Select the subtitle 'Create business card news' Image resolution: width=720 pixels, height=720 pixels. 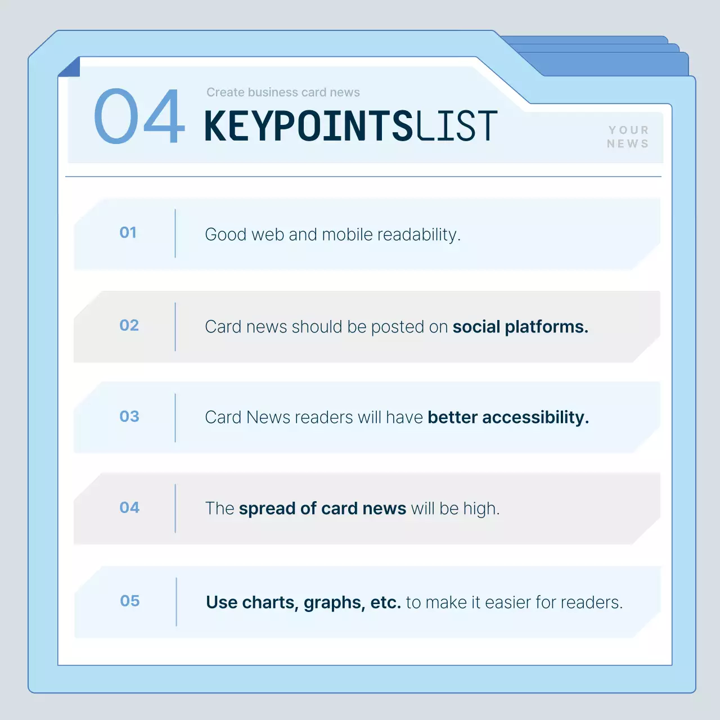click(x=283, y=92)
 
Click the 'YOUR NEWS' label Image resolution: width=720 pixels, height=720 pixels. click(x=628, y=137)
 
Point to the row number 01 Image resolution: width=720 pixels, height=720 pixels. click(x=128, y=232)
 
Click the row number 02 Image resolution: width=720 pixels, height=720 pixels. click(x=129, y=325)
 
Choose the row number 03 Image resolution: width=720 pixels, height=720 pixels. click(x=129, y=416)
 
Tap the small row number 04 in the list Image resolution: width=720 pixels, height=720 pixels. click(x=129, y=507)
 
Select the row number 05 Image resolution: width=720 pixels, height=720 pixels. click(x=129, y=601)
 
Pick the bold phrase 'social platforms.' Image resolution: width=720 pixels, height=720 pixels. click(x=520, y=327)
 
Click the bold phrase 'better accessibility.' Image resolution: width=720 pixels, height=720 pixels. click(x=508, y=417)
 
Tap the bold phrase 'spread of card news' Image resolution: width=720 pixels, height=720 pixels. click(x=322, y=508)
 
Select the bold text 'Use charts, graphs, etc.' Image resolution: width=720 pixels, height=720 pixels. click(x=303, y=602)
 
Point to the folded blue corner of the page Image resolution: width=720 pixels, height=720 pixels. click(x=70, y=67)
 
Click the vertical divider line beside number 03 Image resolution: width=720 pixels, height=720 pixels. click(x=175, y=417)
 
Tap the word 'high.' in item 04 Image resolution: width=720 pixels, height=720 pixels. click(x=481, y=508)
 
